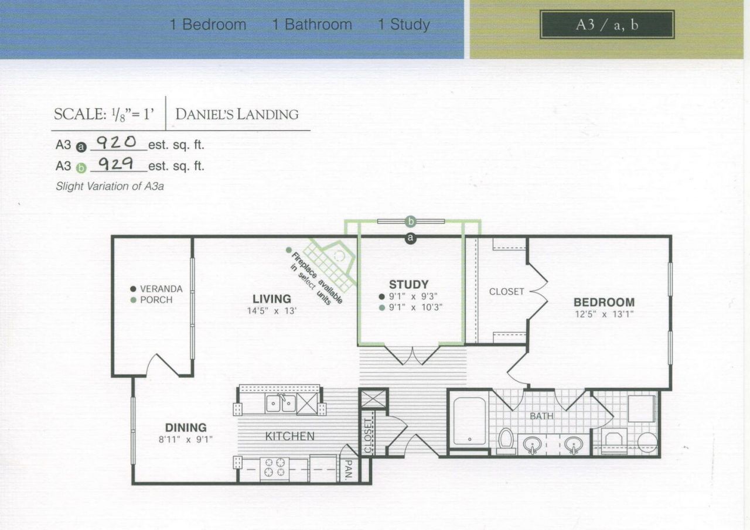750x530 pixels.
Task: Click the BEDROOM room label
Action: (x=604, y=302)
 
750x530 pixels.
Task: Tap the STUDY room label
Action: (x=409, y=285)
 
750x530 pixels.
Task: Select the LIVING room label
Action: (x=271, y=299)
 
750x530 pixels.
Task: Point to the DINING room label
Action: (x=186, y=428)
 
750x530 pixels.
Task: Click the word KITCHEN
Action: (x=289, y=436)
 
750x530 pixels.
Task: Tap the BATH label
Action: (x=541, y=416)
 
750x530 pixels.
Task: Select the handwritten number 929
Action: (x=115, y=164)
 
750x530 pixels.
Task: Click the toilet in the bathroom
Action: (x=506, y=442)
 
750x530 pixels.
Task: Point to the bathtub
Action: (x=469, y=421)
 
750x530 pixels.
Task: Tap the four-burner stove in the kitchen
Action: (x=275, y=467)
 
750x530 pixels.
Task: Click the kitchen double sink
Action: (x=281, y=403)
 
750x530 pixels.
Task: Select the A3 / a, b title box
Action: (x=607, y=25)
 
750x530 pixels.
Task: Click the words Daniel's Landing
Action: (x=237, y=114)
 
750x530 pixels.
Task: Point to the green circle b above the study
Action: (x=411, y=221)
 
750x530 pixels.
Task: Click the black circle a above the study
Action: (x=411, y=238)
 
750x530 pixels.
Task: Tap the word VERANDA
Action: (x=161, y=289)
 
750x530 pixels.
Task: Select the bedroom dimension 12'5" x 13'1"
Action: (x=604, y=314)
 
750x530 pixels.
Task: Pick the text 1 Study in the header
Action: (x=404, y=25)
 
